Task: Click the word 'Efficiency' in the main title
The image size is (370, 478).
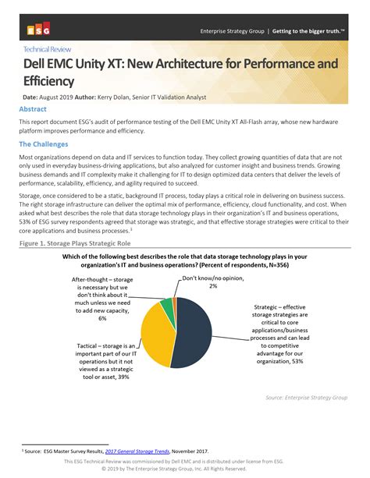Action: (x=48, y=80)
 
